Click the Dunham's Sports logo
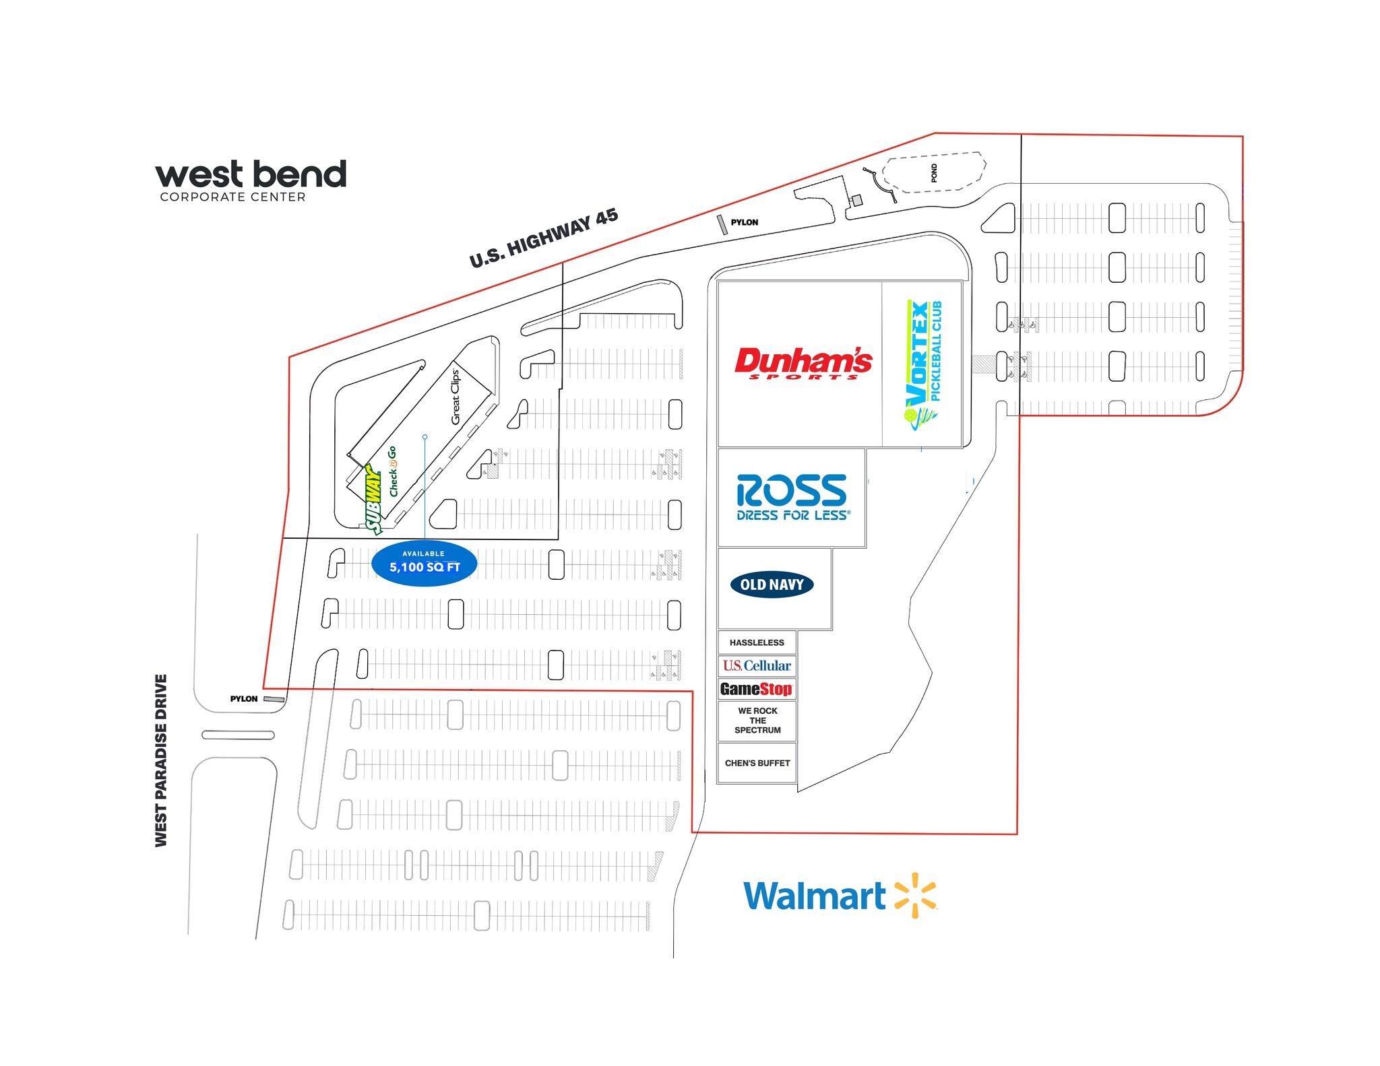803,363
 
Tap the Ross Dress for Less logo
792,497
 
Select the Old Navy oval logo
772,585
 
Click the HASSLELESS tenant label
757,642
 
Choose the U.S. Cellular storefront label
757,665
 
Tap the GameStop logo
756,689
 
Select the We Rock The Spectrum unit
757,721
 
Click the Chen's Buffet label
757,763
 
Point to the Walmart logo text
814,896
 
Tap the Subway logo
373,499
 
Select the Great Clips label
456,397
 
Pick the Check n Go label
393,471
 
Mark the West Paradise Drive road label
161,760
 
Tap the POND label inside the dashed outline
934,173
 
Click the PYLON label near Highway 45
744,222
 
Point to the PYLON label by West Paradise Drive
244,699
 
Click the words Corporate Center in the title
232,197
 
